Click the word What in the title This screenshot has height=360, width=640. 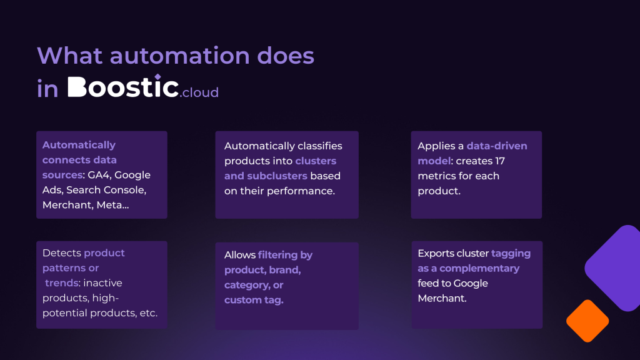click(69, 55)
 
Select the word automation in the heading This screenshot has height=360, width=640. click(179, 55)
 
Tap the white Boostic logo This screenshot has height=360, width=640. click(123, 86)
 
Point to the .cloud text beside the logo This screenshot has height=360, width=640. click(199, 92)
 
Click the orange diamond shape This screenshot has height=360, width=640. click(587, 321)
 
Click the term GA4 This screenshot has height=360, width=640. click(98, 175)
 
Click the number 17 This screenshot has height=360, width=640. click(500, 161)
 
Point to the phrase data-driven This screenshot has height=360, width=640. click(497, 146)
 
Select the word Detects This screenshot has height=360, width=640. click(62, 253)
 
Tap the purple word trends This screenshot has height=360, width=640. click(62, 283)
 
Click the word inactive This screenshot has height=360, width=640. click(103, 283)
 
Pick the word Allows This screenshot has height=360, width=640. click(240, 255)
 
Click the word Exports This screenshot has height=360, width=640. click(436, 254)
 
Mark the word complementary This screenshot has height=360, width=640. click(479, 269)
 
